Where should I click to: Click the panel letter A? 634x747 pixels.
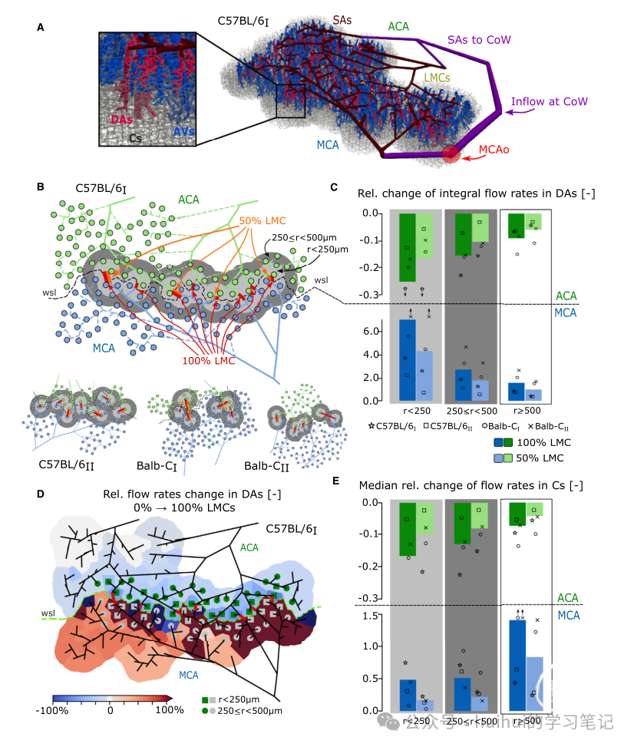tap(40, 28)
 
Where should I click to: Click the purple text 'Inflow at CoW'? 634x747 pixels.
tap(550, 102)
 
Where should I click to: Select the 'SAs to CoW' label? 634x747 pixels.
tap(480, 39)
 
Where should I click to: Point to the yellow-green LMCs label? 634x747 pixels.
tap(437, 78)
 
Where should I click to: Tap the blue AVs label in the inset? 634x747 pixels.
tap(183, 132)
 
